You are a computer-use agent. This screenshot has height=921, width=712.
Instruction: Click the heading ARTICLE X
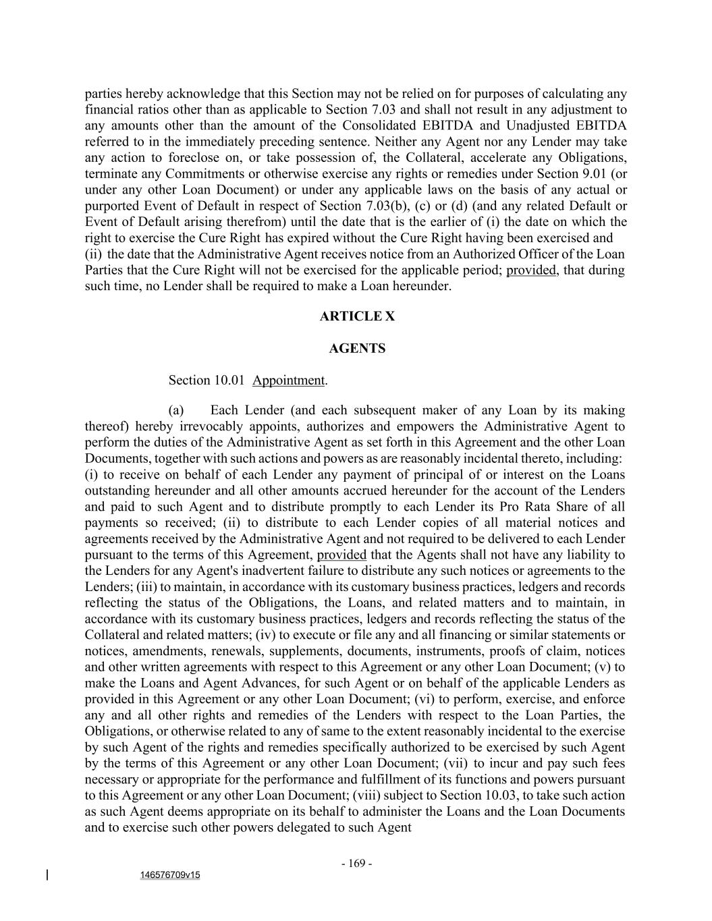tap(357, 316)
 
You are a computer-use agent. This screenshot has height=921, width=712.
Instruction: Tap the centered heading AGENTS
tap(357, 349)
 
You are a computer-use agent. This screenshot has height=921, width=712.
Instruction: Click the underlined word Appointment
tap(289, 381)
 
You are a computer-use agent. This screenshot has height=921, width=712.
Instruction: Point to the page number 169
tap(357, 864)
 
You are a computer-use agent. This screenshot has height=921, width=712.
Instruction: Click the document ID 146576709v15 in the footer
tap(170, 875)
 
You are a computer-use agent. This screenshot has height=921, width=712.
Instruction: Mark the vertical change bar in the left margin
tap(47, 875)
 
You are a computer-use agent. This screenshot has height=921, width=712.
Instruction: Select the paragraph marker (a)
tap(176, 410)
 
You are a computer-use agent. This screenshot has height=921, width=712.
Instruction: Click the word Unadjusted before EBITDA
tap(537, 125)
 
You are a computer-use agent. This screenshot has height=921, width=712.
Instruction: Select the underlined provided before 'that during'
tap(531, 271)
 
